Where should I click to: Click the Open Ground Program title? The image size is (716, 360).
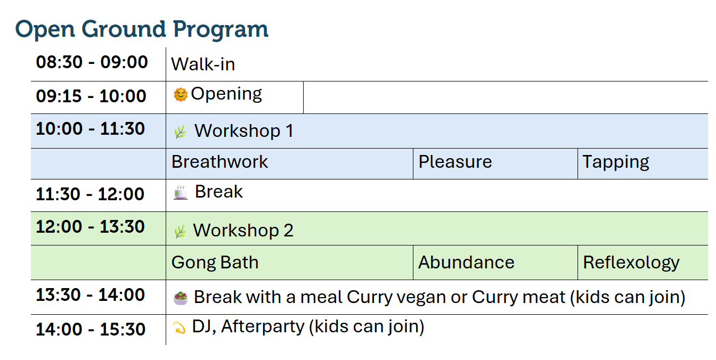(x=142, y=30)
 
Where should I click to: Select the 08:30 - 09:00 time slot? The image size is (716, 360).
(x=92, y=62)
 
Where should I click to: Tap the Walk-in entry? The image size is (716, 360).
(x=203, y=64)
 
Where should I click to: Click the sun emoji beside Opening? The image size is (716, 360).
(x=180, y=95)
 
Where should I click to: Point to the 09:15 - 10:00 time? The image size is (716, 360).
(x=91, y=96)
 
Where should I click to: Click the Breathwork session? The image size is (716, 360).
(x=219, y=162)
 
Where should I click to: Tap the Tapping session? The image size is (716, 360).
(x=616, y=162)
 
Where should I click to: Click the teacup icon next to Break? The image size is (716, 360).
(x=181, y=192)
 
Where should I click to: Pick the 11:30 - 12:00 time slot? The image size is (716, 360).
(x=90, y=194)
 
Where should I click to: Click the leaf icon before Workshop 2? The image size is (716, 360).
(x=180, y=231)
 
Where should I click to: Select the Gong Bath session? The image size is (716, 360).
(x=215, y=263)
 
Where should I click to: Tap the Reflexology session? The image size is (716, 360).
(x=631, y=263)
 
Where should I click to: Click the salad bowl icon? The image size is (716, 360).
(x=181, y=298)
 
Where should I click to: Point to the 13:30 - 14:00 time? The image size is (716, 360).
(x=90, y=294)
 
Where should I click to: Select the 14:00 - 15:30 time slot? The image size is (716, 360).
(x=91, y=329)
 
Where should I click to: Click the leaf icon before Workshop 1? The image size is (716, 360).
(x=180, y=132)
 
